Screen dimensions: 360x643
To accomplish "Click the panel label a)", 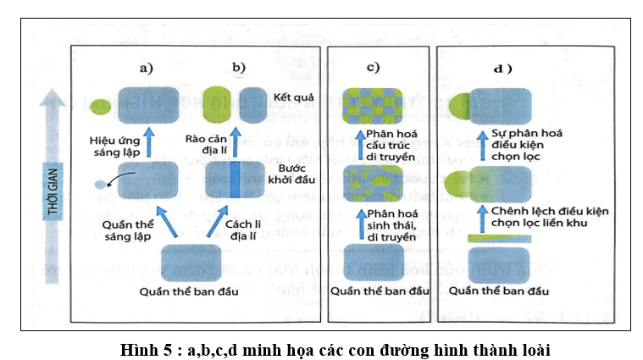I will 147,67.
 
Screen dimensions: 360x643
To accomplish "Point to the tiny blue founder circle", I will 100,184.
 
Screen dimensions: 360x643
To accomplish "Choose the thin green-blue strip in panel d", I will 500,240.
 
